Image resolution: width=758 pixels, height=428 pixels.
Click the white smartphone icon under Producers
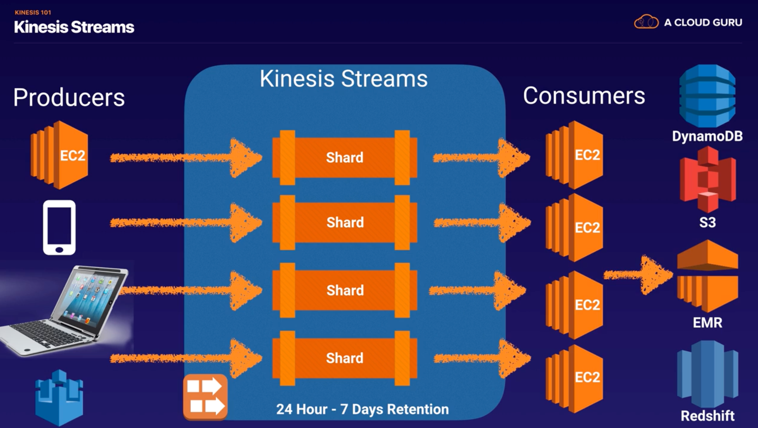point(59,227)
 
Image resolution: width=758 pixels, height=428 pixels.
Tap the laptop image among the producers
point(64,310)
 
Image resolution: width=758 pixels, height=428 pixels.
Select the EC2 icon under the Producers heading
point(59,155)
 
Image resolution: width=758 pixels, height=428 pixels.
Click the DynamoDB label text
point(707,136)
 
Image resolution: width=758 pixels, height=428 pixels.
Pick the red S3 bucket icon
point(707,179)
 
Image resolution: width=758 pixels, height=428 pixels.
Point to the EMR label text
point(707,323)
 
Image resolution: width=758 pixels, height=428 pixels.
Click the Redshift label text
point(707,416)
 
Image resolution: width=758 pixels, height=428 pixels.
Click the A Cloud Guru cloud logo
point(646,22)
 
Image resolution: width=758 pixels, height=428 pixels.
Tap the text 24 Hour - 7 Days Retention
point(362,409)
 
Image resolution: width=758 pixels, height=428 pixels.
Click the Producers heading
point(69,97)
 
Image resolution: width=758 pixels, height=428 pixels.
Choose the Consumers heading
point(584,96)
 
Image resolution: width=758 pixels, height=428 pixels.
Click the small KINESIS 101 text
point(33,13)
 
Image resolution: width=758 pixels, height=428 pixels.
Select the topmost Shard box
point(345,157)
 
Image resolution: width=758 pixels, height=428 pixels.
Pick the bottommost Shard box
point(345,358)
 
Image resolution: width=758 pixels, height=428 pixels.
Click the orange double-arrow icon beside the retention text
point(205,397)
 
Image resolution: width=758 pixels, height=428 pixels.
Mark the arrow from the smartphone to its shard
point(186,222)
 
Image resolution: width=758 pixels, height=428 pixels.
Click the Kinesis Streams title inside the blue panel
point(344,79)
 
